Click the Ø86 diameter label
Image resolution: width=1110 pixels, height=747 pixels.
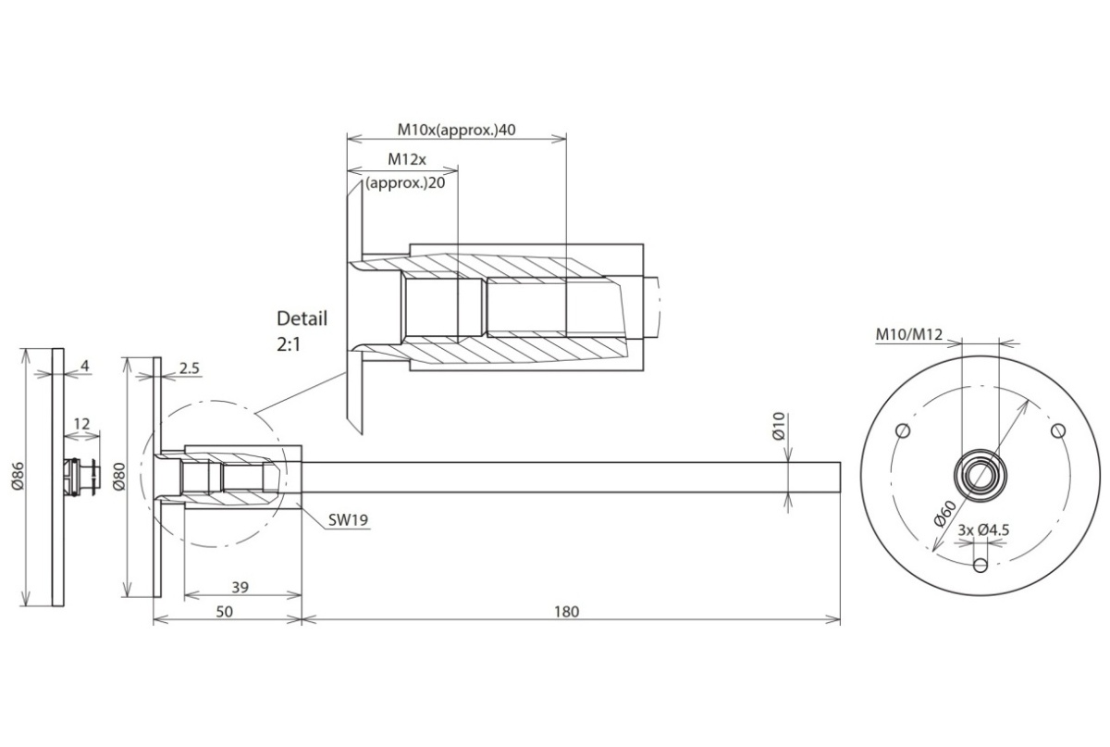[18, 476]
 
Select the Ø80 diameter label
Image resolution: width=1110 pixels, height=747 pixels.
[119, 476]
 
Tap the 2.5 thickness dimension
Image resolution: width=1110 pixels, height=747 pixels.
[190, 368]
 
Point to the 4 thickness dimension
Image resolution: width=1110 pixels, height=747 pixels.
[85, 366]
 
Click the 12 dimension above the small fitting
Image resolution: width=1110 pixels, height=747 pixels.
[81, 424]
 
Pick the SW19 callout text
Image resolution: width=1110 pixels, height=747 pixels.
[348, 520]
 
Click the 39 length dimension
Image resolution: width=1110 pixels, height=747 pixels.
[240, 587]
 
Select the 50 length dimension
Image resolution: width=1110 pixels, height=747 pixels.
[225, 612]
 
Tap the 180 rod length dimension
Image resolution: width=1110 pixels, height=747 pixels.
[566, 612]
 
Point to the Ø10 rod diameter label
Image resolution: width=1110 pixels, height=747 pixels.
[779, 426]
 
